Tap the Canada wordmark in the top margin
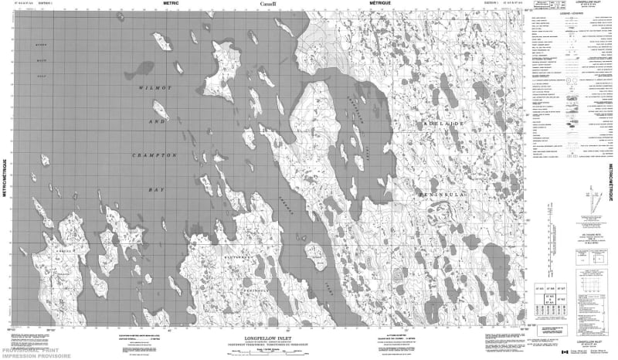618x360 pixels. click(267, 5)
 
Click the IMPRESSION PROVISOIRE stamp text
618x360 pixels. click(26, 355)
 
